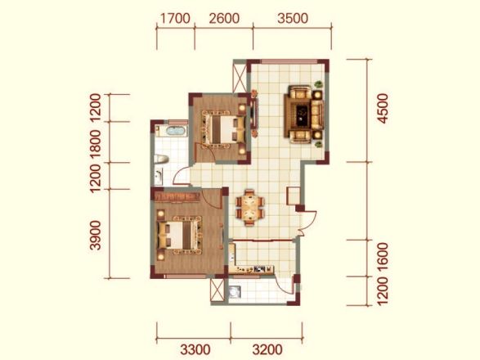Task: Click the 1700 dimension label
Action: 175,18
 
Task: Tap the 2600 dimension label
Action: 224,18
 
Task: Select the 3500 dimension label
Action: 293,18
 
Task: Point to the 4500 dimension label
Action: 383,109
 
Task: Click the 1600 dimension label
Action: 383,258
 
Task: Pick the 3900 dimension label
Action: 96,236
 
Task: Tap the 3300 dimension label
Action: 195,349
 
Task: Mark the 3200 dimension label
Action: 267,349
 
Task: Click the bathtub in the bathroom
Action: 176,131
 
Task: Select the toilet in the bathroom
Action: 161,159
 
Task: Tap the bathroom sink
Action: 159,177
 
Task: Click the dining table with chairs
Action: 250,207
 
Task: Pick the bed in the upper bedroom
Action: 224,129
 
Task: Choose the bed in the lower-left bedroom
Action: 178,236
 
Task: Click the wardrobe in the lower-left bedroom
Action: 177,196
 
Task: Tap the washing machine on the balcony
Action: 235,292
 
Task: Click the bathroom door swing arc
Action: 180,175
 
